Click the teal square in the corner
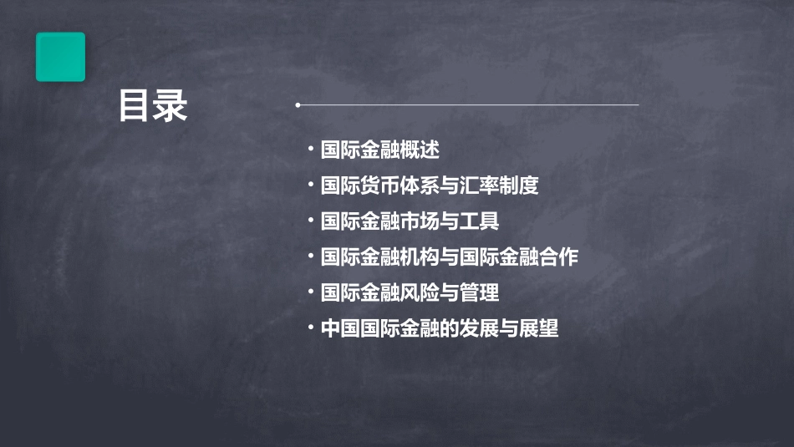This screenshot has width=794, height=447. pos(60,57)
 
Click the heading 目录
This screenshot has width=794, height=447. pos(153,106)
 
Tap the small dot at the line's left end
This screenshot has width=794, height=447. pos(298,105)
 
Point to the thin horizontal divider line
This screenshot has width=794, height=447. pos(468,105)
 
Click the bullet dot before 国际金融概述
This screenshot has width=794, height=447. pos(310,150)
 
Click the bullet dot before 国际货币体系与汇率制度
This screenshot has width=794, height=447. pos(310,185)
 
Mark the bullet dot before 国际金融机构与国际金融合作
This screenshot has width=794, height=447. pos(310,257)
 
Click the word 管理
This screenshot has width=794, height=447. pos(480,293)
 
